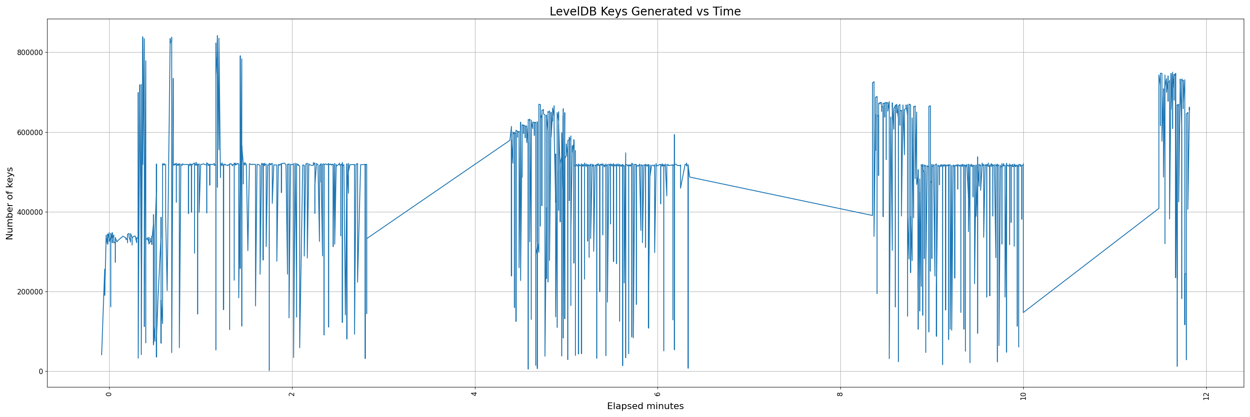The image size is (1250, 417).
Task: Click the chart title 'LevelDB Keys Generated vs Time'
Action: point(645,12)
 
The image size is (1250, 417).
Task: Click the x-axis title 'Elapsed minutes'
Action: point(645,406)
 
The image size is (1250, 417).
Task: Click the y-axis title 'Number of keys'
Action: point(10,203)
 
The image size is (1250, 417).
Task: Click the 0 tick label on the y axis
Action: point(41,372)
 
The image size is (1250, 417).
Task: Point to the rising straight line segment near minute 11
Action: point(1092,260)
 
